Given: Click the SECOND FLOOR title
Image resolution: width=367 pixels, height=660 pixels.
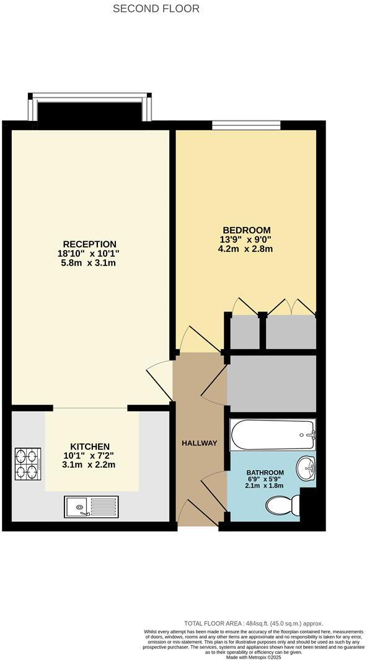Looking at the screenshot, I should tap(156, 9).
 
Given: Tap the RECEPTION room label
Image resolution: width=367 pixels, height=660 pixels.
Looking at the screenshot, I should tap(89, 244).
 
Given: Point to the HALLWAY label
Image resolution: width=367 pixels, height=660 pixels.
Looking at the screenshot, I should tap(200, 443).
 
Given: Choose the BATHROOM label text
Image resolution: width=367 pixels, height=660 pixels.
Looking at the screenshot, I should tap(265, 473).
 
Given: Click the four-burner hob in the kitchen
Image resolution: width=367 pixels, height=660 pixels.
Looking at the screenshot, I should tap(28, 464).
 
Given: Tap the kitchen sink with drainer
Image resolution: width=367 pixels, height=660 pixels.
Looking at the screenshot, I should tap(91, 506).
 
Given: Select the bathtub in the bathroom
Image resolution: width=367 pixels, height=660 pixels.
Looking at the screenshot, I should tap(273, 435).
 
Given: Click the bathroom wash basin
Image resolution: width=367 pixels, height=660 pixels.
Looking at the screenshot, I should tap(306, 469).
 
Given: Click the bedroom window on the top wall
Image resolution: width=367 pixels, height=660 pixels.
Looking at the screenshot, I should tap(246, 126).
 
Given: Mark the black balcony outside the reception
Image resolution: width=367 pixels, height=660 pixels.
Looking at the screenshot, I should tap(90, 112).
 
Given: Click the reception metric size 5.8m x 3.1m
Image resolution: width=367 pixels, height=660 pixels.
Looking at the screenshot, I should tap(89, 263).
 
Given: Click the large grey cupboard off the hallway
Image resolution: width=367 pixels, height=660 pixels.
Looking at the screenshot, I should tap(272, 383).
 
